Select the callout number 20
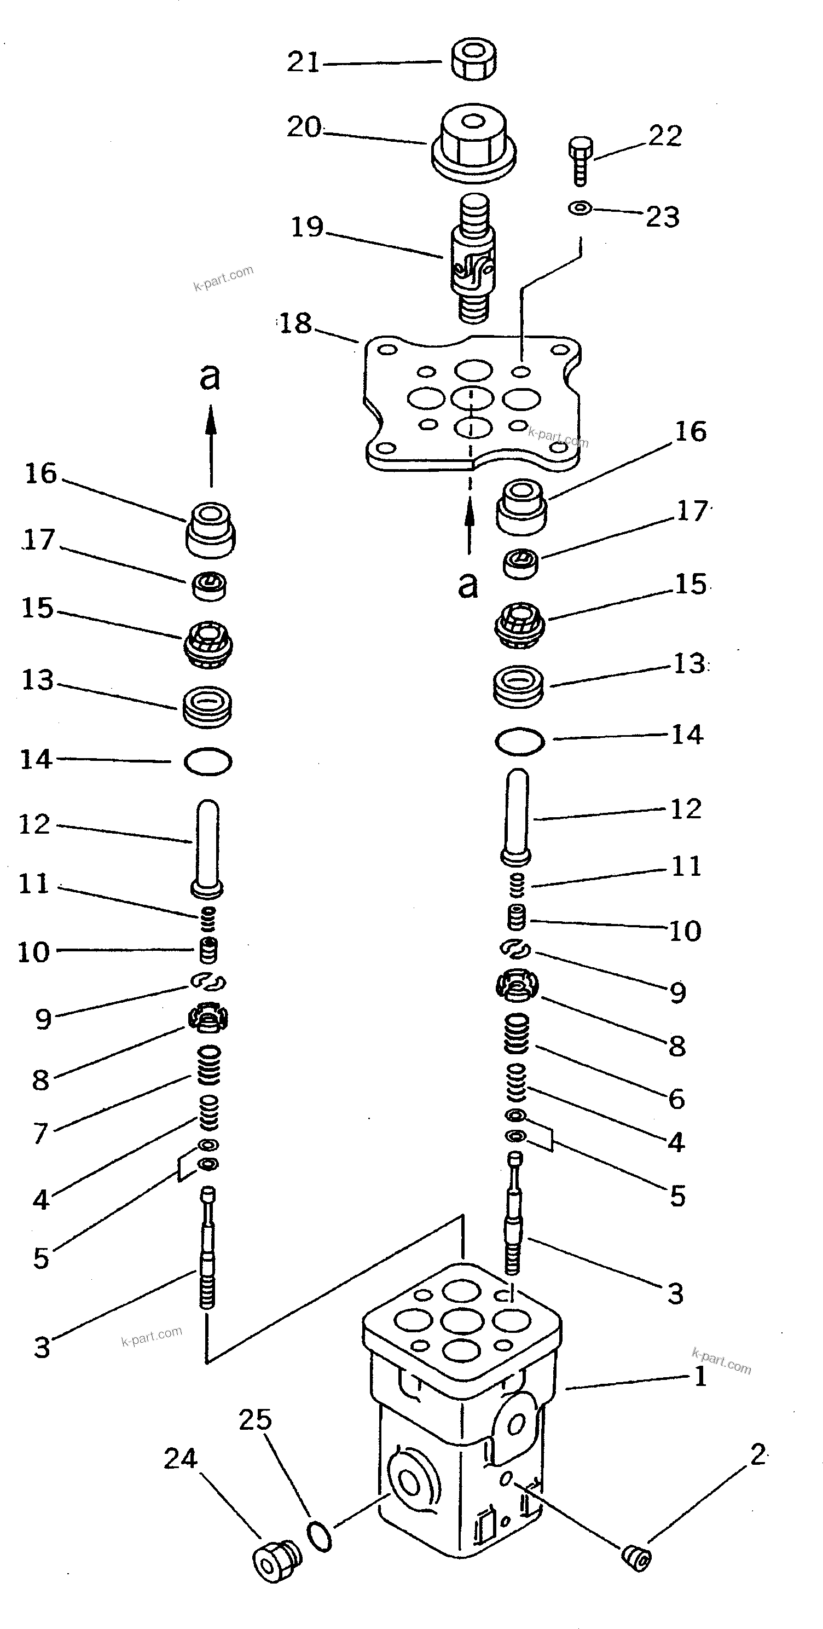point(304,127)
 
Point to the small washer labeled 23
point(579,207)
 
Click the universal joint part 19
point(473,259)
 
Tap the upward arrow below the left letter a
point(211,446)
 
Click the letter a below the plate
point(468,586)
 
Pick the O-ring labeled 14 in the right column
point(520,741)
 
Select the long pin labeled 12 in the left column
point(208,847)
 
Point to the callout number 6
point(677,1099)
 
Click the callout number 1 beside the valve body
point(700,1376)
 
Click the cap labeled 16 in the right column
point(521,506)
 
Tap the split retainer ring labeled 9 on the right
point(516,948)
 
